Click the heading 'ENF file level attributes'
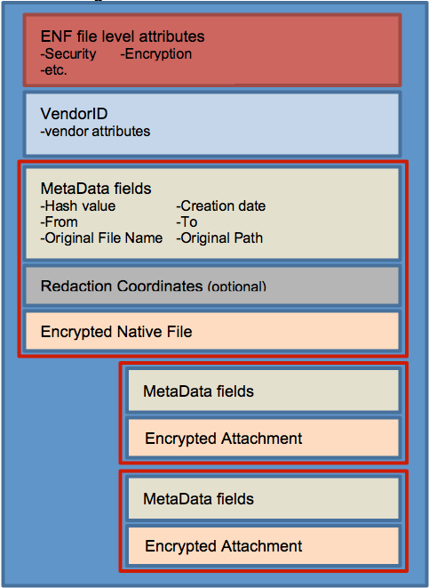click(x=123, y=36)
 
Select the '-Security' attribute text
click(x=69, y=54)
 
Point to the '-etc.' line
click(x=54, y=68)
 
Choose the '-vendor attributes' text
click(x=96, y=131)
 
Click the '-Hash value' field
click(x=78, y=206)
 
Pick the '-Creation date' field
click(x=221, y=206)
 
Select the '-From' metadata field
click(x=60, y=222)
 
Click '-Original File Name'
click(x=102, y=238)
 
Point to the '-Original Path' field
click(x=219, y=238)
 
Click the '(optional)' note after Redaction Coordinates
click(x=236, y=286)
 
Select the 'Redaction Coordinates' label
click(x=122, y=286)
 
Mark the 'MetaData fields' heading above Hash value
click(x=96, y=189)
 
